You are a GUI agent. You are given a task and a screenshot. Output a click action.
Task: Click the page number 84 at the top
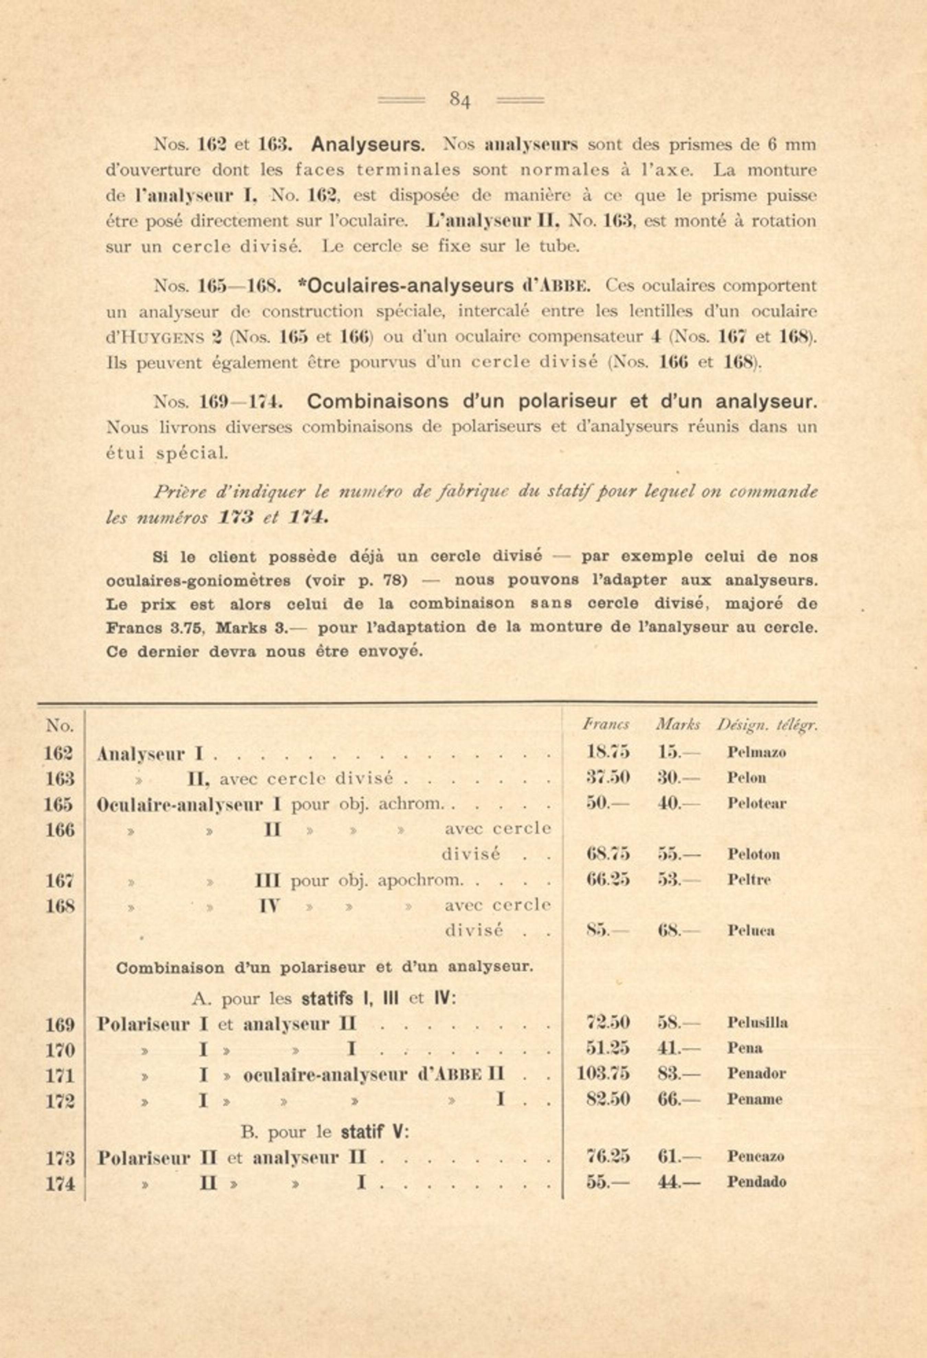pos(460,101)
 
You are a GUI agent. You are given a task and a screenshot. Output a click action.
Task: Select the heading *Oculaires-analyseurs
pos(405,286)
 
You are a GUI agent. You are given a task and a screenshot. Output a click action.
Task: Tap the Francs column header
pos(606,725)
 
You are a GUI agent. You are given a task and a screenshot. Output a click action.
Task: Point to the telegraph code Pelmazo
pos(756,752)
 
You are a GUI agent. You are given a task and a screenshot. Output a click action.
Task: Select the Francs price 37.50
pos(608,778)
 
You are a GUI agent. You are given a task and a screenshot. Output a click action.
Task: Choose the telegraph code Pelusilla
pos(757,1023)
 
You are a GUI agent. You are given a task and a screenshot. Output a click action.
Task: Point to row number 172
pos(60,1100)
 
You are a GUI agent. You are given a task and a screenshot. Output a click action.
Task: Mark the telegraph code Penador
pos(756,1073)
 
